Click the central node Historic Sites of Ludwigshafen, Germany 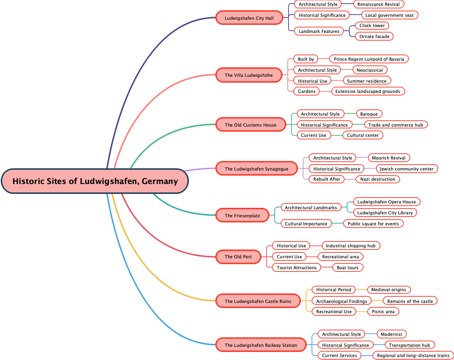(95, 181)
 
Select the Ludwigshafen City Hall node (249, 18)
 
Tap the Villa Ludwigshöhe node (249, 75)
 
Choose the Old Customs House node (250, 125)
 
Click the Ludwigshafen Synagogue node (256, 169)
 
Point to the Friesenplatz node (242, 215)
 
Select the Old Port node (238, 256)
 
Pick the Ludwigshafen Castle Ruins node (258, 301)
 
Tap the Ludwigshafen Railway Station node (261, 345)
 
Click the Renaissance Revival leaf (379, 4)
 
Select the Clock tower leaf (372, 25)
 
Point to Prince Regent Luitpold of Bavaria (369, 59)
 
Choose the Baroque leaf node (369, 114)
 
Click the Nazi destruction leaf (377, 179)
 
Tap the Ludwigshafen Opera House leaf (386, 202)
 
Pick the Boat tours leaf (347, 267)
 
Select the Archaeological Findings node (342, 301)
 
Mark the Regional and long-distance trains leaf (413, 355)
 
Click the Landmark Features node (319, 31)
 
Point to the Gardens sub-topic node (306, 91)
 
